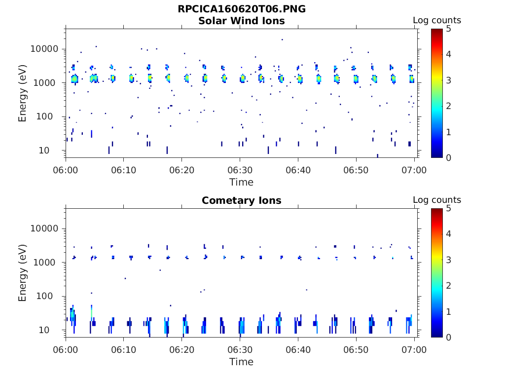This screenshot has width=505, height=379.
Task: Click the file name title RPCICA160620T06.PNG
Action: (x=242, y=9)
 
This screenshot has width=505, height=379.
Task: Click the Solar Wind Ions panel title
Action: (x=242, y=21)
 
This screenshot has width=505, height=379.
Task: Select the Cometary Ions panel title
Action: (x=242, y=201)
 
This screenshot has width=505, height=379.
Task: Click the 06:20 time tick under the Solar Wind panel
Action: (x=182, y=170)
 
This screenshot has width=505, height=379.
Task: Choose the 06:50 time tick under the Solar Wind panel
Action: (x=356, y=170)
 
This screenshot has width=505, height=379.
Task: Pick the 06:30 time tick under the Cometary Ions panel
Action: (x=240, y=350)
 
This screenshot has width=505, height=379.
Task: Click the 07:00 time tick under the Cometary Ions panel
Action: (x=414, y=350)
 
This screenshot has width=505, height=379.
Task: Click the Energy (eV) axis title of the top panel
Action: (x=23, y=93)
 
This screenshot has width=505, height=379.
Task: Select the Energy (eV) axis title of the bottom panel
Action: (x=23, y=273)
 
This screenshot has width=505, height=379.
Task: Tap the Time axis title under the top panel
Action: (x=242, y=182)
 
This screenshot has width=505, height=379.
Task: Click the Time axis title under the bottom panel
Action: (x=242, y=362)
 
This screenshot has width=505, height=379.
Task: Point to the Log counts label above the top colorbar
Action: (x=437, y=21)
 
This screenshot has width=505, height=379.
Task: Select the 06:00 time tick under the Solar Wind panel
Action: (x=66, y=170)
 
